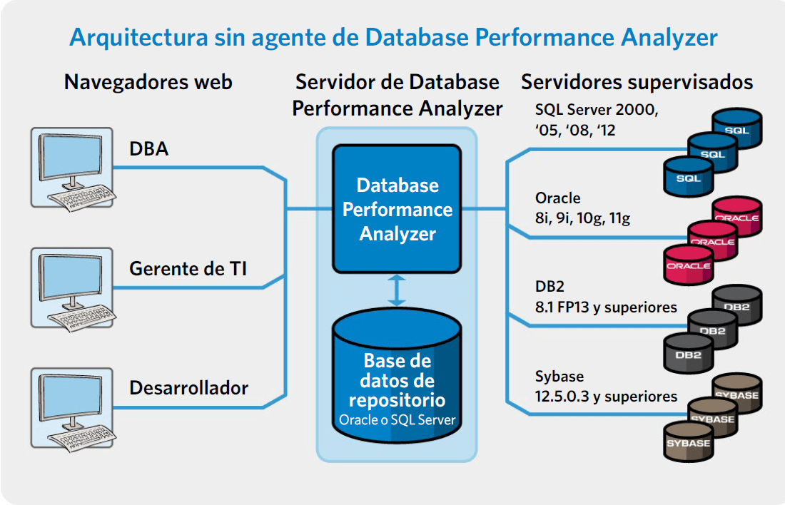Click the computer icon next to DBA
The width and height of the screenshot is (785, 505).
[x=72, y=168]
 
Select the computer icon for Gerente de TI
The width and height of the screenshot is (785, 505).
[x=72, y=289]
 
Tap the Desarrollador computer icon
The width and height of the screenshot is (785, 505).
[x=72, y=409]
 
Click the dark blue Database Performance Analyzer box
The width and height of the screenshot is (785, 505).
[x=397, y=209]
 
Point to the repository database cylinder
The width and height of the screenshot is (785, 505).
[x=397, y=376]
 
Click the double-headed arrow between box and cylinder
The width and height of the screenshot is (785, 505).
[x=397, y=290]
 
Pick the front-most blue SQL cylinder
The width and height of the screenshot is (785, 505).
[x=689, y=177]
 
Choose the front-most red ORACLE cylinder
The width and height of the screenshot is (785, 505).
[x=689, y=265]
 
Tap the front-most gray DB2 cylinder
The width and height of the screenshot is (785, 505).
[x=689, y=354]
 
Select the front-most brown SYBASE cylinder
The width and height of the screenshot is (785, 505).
[x=689, y=442]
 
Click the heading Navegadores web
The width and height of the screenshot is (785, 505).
[x=148, y=82]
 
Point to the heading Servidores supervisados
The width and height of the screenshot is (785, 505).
[x=637, y=82]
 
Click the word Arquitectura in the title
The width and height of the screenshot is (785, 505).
[x=138, y=38]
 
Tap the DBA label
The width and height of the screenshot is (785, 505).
[x=148, y=148]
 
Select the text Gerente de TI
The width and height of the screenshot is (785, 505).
[x=188, y=269]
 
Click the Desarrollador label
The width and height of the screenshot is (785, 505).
[x=188, y=388]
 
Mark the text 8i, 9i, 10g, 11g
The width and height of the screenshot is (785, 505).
[x=582, y=218]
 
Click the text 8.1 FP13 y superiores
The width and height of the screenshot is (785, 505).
[x=606, y=307]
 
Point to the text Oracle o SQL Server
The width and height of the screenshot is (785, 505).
[x=397, y=420]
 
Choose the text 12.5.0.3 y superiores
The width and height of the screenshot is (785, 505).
[x=606, y=397]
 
